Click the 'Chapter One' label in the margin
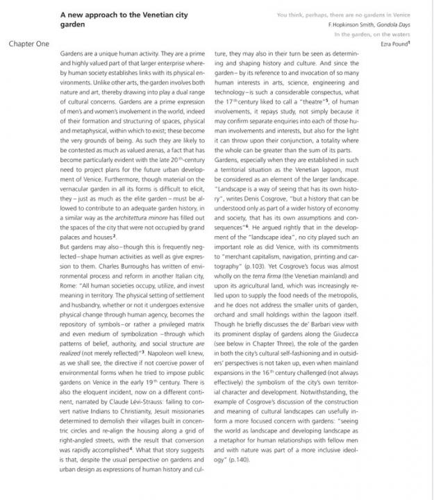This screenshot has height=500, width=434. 28,44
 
